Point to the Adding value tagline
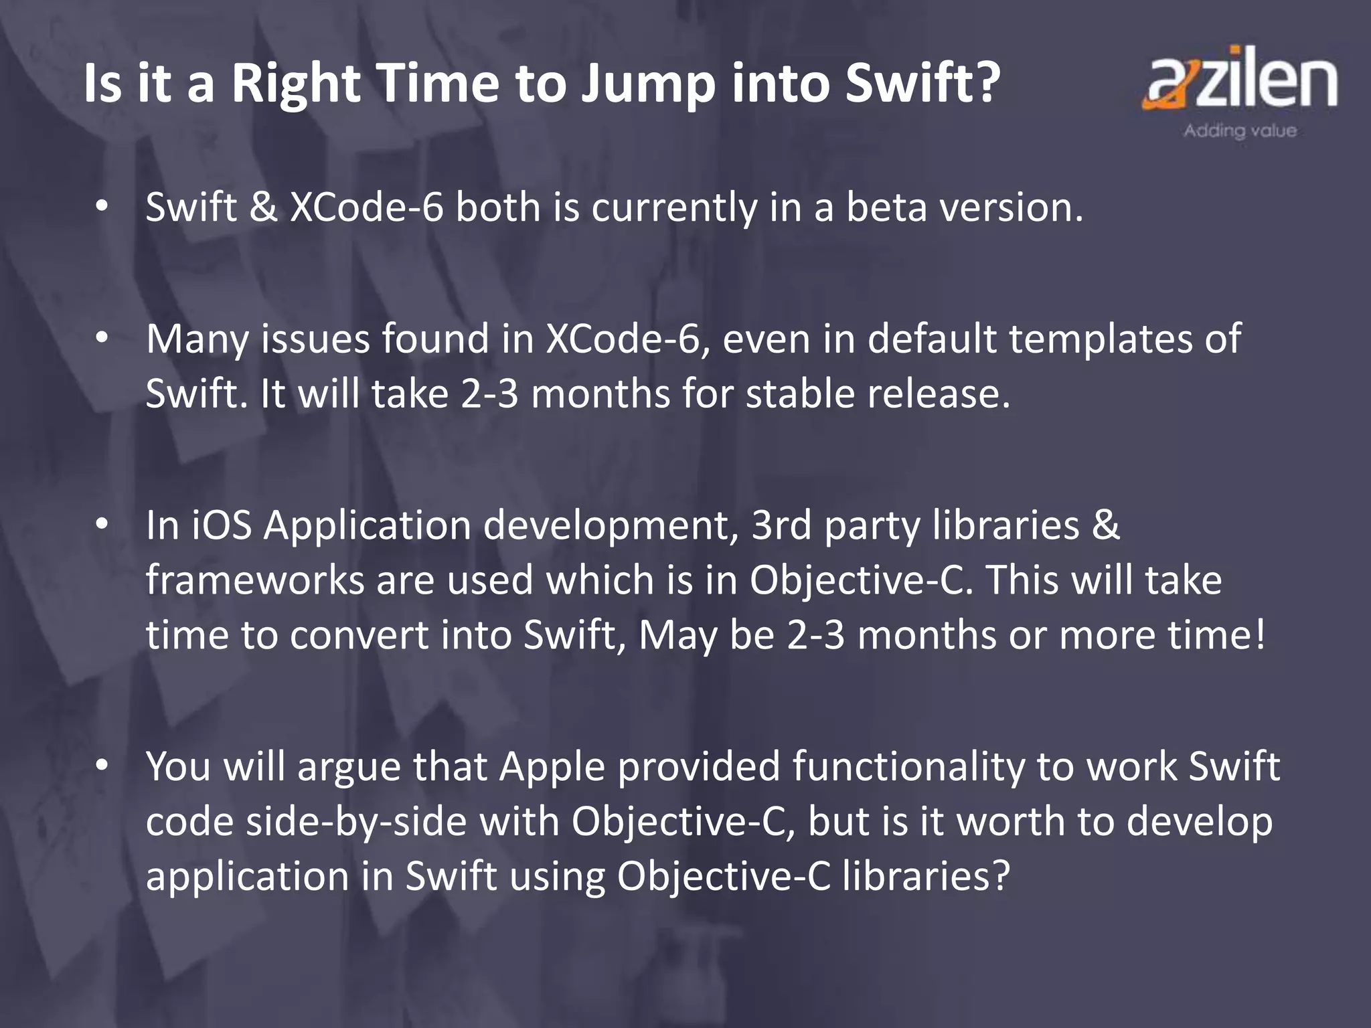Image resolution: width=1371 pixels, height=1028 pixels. tap(1240, 131)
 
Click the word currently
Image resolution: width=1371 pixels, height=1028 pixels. tap(673, 208)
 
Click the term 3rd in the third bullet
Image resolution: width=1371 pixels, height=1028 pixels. tap(781, 525)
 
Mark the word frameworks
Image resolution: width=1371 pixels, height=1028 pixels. tap(255, 580)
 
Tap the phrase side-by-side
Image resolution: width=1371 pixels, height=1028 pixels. tap(356, 822)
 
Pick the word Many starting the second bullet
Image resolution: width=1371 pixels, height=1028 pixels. tap(197, 340)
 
